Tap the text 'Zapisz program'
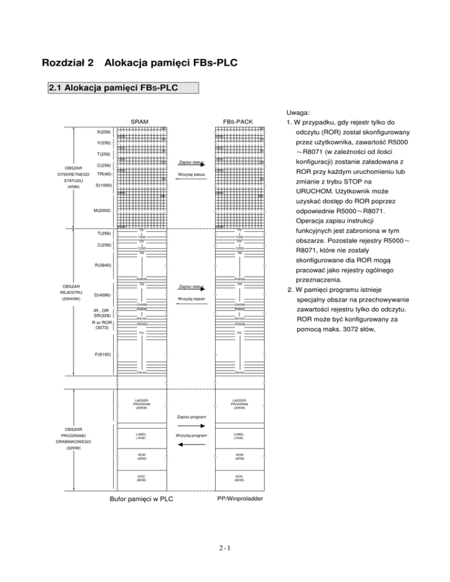192,417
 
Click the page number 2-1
225,549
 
